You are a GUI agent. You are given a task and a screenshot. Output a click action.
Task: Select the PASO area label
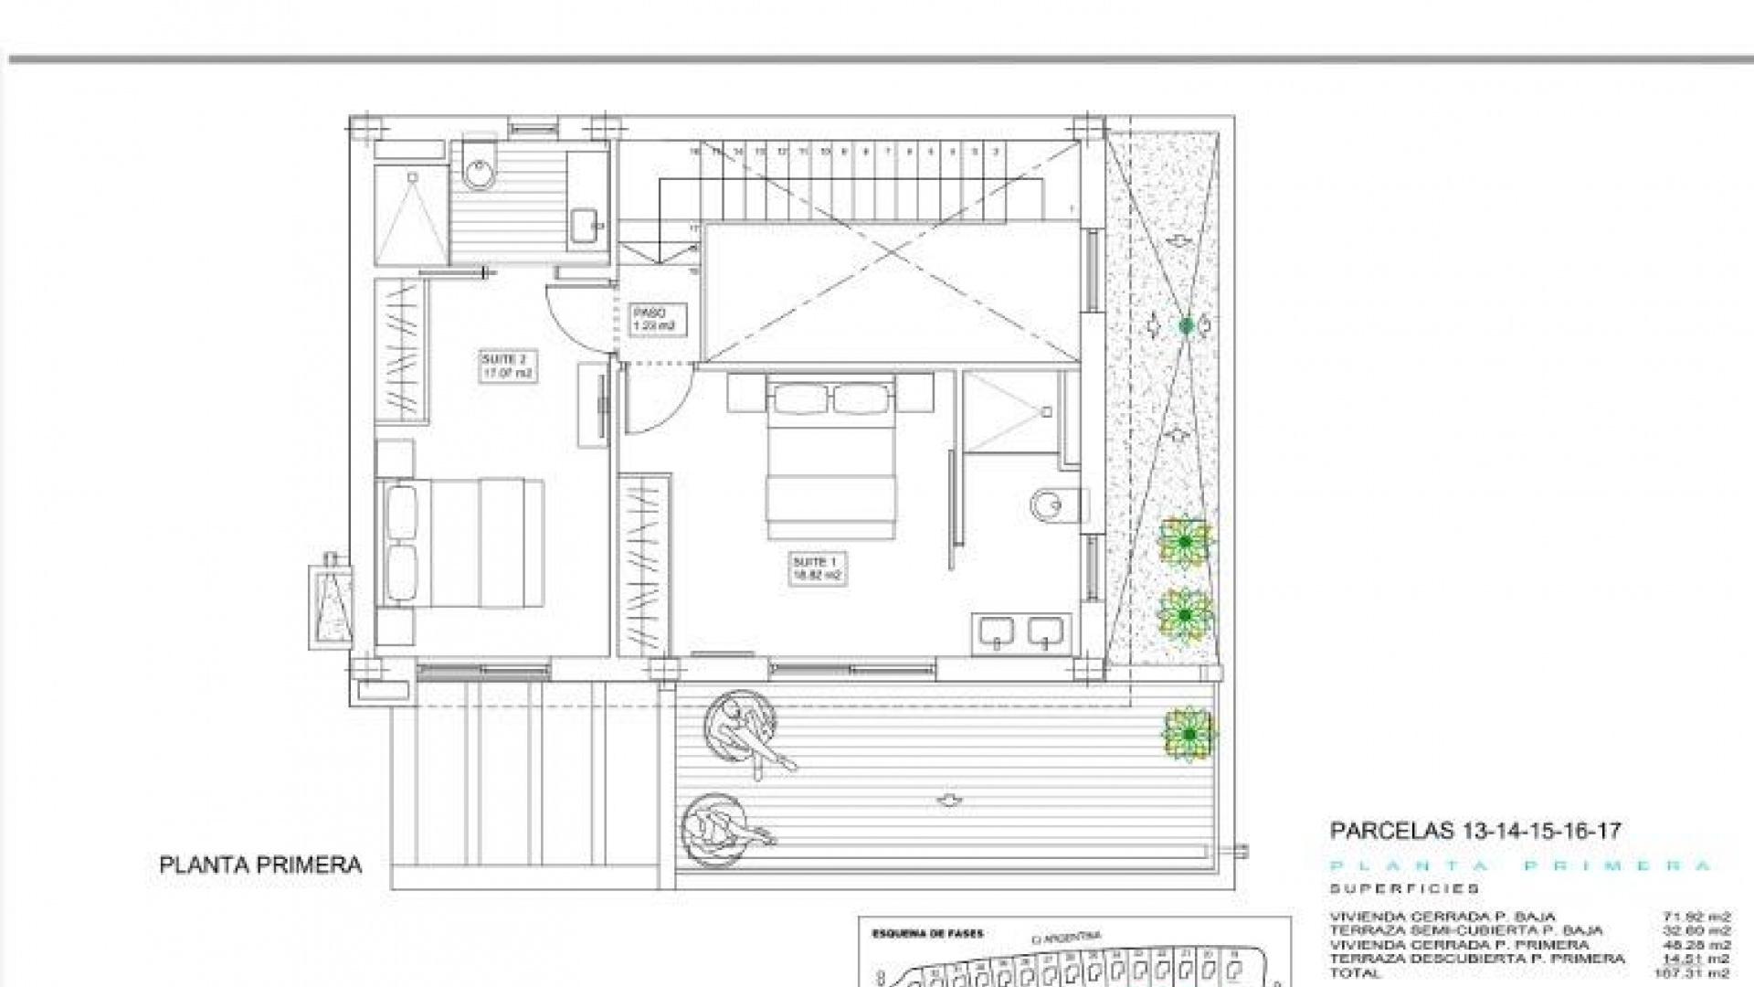click(x=654, y=319)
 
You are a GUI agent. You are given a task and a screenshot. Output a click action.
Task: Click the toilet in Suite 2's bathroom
click(x=478, y=167)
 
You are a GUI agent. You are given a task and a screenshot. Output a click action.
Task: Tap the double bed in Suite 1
click(x=829, y=457)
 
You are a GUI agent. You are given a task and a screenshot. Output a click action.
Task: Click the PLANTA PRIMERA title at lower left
click(x=260, y=865)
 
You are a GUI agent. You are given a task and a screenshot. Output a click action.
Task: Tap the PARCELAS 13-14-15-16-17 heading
click(x=1475, y=831)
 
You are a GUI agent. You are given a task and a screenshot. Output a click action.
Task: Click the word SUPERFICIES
click(x=1404, y=888)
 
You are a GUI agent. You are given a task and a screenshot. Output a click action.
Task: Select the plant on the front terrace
click(x=1189, y=734)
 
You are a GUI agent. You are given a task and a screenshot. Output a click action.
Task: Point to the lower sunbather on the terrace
click(x=726, y=828)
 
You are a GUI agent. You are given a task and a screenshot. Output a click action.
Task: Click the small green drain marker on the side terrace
click(x=1186, y=324)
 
